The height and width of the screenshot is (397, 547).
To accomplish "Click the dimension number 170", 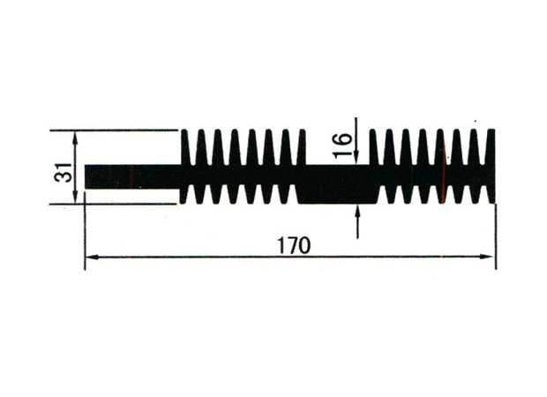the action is coord(294,245).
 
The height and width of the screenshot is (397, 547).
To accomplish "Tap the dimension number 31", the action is coord(64,172).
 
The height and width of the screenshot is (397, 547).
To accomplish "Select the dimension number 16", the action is coord(342,145).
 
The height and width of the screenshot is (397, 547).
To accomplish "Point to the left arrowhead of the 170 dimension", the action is coord(92,257).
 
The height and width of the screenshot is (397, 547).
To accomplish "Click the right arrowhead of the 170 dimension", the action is coord(486,257).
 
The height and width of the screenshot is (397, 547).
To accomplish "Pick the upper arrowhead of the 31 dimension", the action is coord(75,136).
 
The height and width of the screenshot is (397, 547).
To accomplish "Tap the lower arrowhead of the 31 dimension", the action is coord(75,197).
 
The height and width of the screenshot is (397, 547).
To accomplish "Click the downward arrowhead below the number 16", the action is coord(356,157).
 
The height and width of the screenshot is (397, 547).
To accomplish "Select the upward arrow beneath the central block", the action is coord(357,221).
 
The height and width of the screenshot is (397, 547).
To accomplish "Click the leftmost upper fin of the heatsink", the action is coord(185,146).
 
